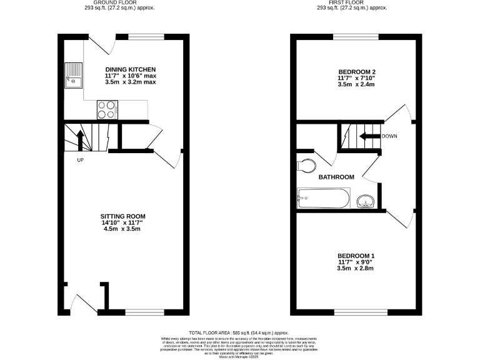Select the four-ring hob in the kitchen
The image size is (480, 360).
(x=106, y=110)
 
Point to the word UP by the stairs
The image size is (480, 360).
(x=80, y=160)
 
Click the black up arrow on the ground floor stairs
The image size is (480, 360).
(x=80, y=139)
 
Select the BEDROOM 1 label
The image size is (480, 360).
(x=356, y=255)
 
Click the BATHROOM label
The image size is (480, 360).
(x=336, y=177)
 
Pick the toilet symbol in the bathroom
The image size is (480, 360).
(x=307, y=166)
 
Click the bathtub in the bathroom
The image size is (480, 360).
(x=323, y=199)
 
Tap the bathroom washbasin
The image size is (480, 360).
(x=366, y=201)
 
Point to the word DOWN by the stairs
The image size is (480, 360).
(x=389, y=136)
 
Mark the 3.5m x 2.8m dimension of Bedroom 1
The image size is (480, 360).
(x=356, y=268)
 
